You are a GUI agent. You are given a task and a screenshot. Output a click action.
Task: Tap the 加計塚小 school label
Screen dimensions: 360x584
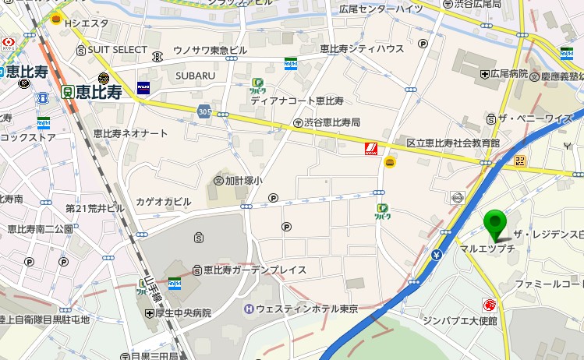pyautogui.click(x=244, y=180)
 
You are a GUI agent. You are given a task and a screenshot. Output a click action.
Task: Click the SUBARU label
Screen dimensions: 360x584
pyautogui.click(x=195, y=76)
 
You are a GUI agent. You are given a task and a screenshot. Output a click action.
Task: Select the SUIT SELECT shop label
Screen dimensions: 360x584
pyautogui.click(x=117, y=50)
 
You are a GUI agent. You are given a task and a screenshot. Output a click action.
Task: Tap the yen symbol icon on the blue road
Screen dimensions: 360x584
pyautogui.click(x=436, y=255)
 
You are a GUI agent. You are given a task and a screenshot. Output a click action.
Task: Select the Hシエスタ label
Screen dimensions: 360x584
pyautogui.click(x=87, y=23)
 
